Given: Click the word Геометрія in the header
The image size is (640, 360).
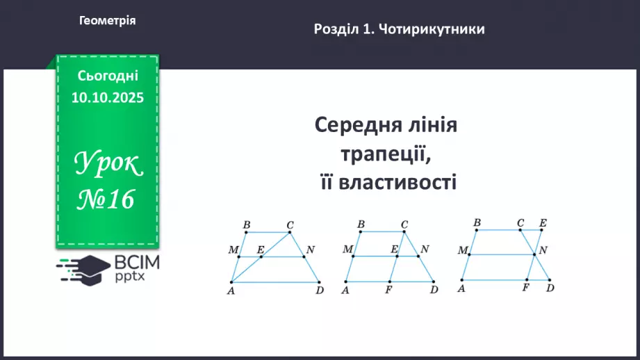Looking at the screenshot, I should [108, 21].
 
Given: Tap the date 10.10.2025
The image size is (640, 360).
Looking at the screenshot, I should [107, 98].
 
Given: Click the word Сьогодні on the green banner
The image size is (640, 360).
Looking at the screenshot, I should [108, 76].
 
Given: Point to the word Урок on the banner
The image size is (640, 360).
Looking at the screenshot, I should [107, 164].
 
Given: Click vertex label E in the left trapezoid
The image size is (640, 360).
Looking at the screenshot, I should [260, 249].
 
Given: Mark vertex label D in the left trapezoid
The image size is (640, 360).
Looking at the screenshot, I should [319, 291].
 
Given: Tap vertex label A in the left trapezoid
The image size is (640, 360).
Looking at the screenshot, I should [230, 291].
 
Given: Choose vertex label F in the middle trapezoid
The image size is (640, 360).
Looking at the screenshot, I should [388, 291].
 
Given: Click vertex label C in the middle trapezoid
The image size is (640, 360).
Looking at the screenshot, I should [404, 224].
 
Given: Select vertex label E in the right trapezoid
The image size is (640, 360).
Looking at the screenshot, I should [543, 222].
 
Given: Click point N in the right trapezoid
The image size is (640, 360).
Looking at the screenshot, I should [543, 249].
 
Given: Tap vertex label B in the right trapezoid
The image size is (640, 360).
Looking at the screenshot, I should [477, 222].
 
